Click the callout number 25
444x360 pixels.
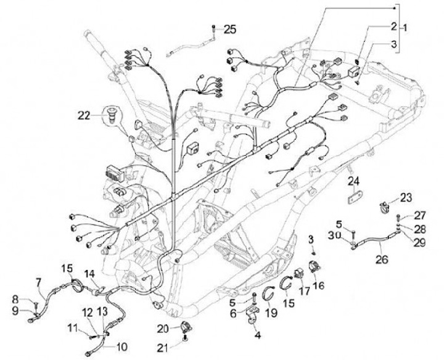(229, 28)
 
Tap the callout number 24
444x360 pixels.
(352, 181)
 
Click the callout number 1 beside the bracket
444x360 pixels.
(405, 28)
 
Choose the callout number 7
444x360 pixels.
(38, 282)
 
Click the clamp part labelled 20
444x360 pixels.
(185, 326)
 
